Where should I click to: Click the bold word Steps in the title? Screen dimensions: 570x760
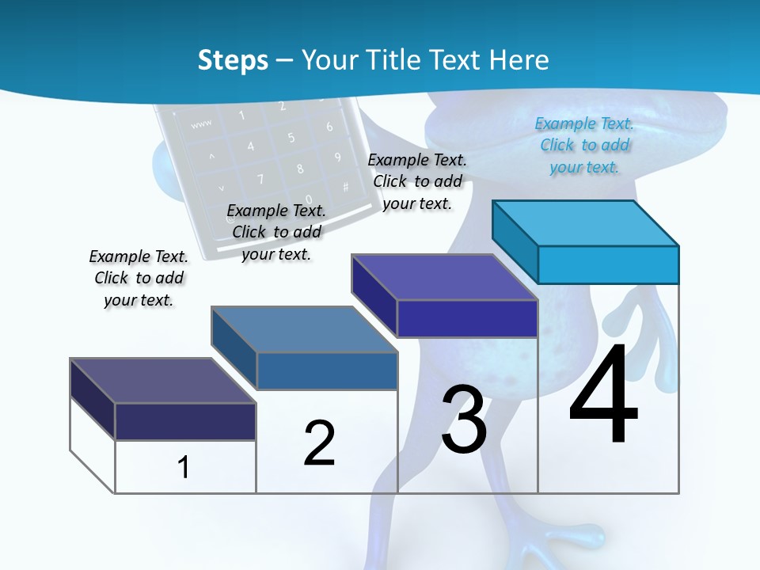coord(233,60)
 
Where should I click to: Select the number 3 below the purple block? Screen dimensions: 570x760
coord(464,420)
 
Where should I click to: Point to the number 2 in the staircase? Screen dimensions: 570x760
coord(319,443)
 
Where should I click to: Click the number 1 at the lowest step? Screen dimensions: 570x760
coord(183,467)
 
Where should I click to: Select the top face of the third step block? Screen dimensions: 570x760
coord(445,277)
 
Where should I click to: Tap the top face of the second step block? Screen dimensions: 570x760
coord(305,329)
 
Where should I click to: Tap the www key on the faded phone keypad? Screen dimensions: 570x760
coord(201,124)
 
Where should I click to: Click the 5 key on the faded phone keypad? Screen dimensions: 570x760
coord(291,138)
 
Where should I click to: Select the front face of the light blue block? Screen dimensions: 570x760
coord(608,264)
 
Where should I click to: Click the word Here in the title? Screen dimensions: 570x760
coord(520,60)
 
